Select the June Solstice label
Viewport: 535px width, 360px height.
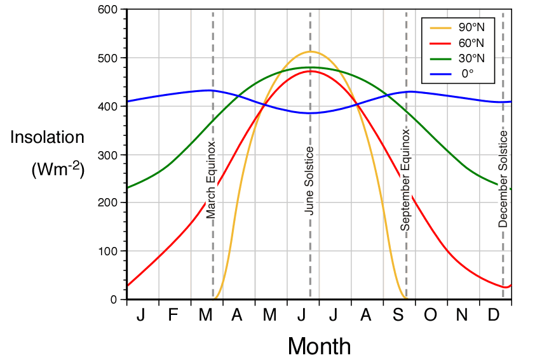(309, 180)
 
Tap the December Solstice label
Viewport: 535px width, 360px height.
(503, 180)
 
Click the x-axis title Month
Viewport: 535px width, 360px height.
(319, 346)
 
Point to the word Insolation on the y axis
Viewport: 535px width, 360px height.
(47, 138)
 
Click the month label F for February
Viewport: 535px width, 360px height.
(173, 316)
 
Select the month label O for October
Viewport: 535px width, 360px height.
(431, 316)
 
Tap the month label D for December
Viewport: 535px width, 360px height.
(494, 316)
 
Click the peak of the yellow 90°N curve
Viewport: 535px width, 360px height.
(310, 51)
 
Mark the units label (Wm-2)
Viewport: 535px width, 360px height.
(57, 170)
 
